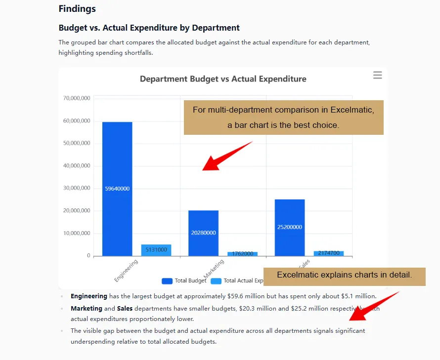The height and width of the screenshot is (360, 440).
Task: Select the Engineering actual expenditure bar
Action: tap(156, 250)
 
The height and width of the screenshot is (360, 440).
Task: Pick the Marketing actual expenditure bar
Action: tap(242, 254)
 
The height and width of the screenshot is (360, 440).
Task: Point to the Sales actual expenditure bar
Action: tap(328, 253)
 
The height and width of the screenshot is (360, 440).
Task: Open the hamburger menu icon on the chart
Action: tap(377, 75)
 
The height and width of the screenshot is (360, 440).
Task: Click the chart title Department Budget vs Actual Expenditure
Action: tap(223, 79)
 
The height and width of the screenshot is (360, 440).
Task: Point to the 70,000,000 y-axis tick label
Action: tap(77, 98)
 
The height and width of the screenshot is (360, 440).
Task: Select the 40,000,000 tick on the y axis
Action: tap(77, 166)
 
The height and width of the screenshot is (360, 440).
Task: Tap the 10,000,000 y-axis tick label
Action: tap(77, 233)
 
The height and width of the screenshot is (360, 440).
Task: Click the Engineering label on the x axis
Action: tap(126, 271)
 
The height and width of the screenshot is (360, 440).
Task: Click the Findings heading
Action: tap(77, 9)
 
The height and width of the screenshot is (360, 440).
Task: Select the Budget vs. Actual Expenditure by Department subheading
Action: tap(149, 28)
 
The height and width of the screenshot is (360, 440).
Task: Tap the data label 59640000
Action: tap(117, 189)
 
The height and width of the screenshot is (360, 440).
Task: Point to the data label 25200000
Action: tap(289, 227)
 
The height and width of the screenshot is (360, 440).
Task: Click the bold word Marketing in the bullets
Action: tap(86, 309)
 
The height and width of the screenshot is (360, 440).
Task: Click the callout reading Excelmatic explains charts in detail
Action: tap(344, 275)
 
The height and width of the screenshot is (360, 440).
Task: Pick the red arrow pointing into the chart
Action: tap(225, 157)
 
